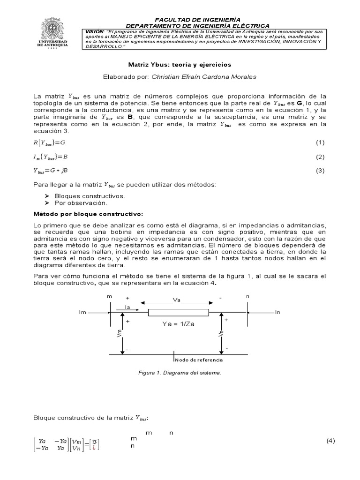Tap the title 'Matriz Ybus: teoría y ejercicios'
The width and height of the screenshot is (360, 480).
[x=180, y=64]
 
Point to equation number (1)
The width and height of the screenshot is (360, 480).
[x=320, y=142]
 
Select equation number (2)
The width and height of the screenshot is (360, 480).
[x=320, y=157]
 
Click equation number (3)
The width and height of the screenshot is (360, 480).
[x=320, y=171]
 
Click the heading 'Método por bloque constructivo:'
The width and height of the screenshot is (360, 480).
[x=88, y=214]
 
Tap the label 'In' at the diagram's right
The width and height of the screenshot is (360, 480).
[x=277, y=312]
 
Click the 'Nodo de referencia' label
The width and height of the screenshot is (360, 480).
[x=199, y=360]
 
